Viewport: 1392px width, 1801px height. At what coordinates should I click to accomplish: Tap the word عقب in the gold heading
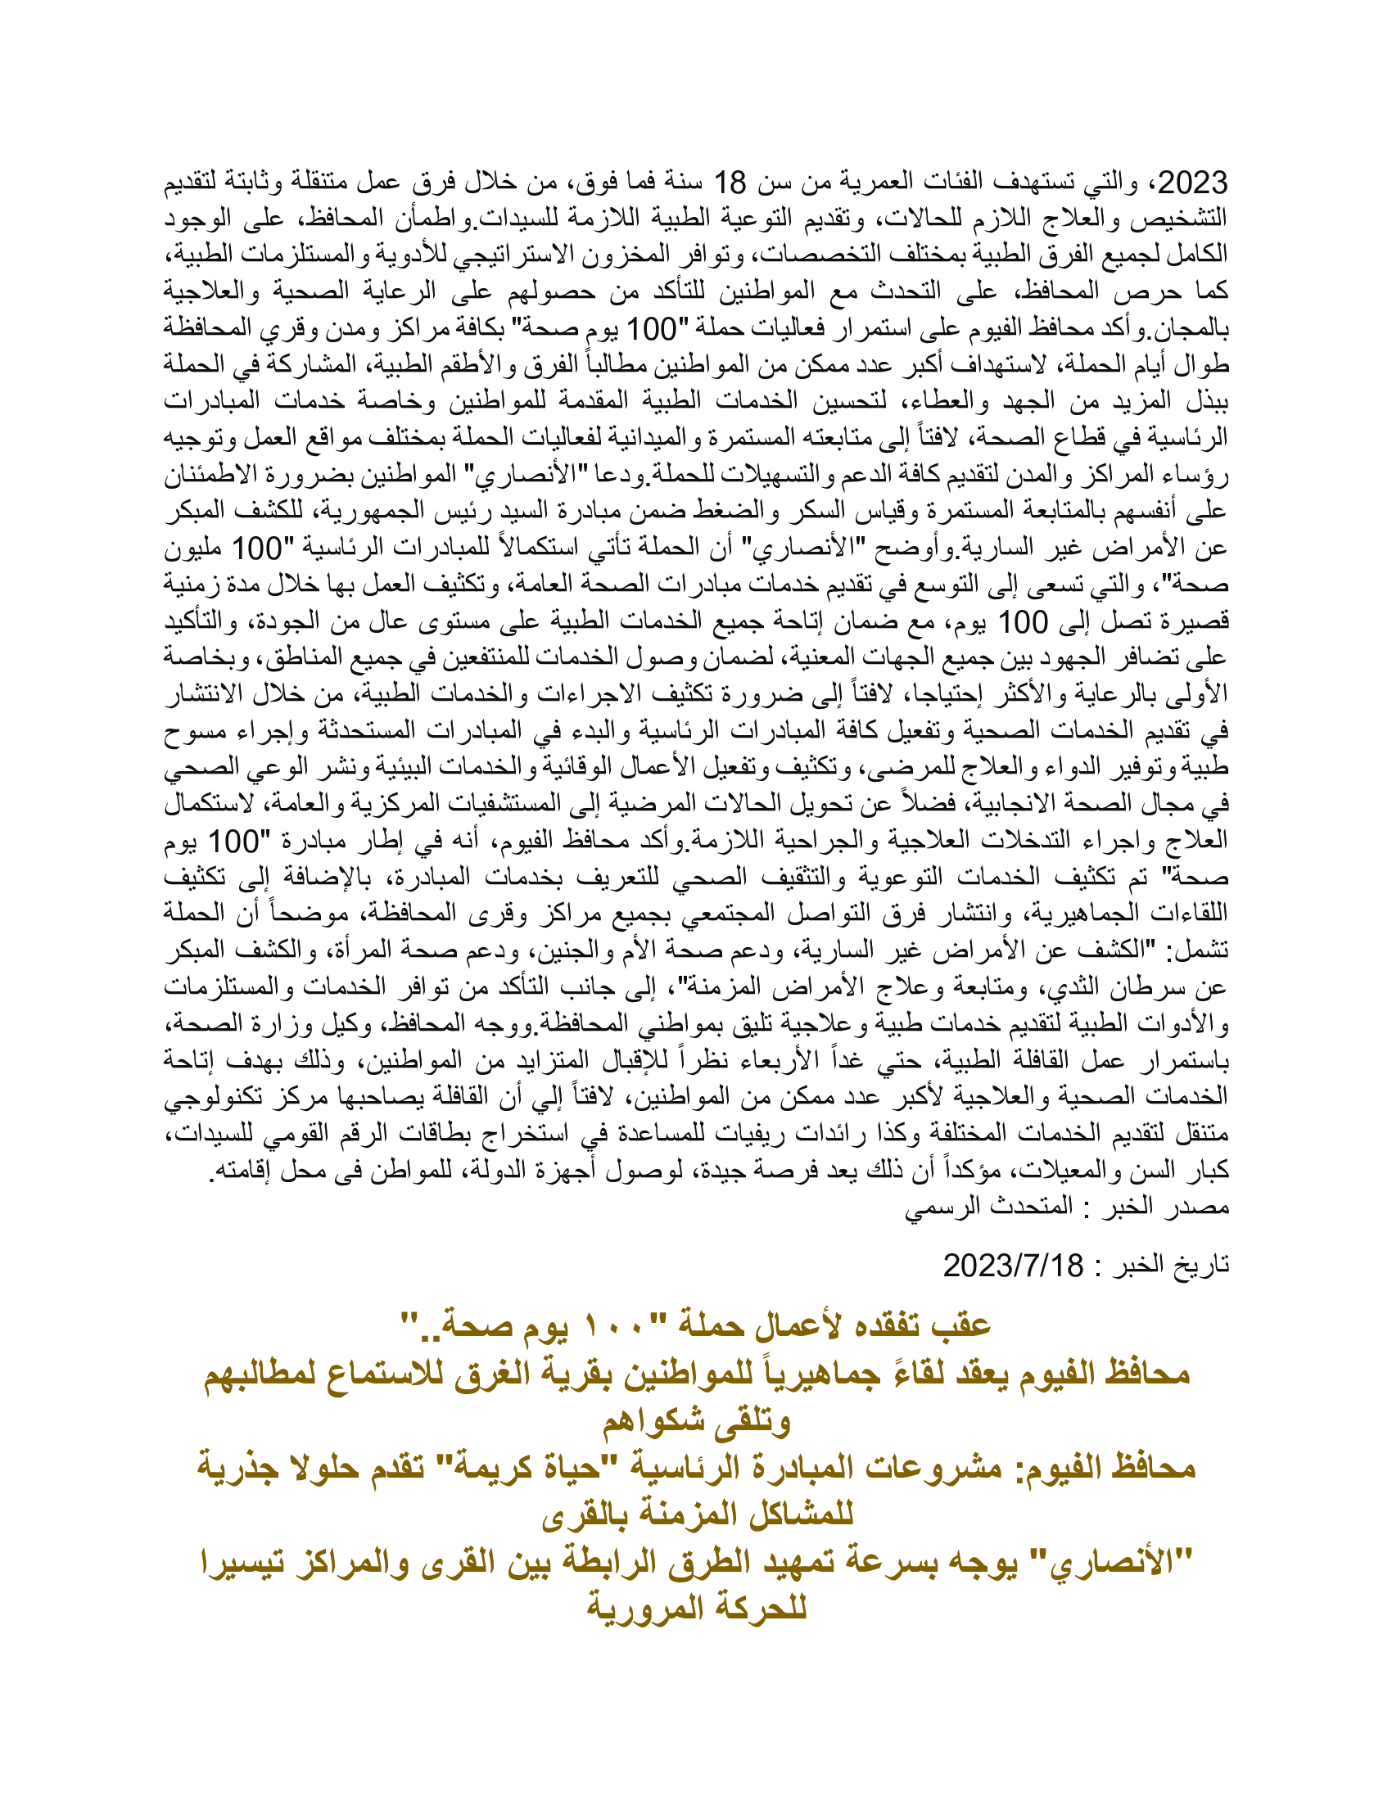[x=960, y=1325]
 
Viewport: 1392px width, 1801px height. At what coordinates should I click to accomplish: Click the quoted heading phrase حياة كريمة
[x=529, y=1467]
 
